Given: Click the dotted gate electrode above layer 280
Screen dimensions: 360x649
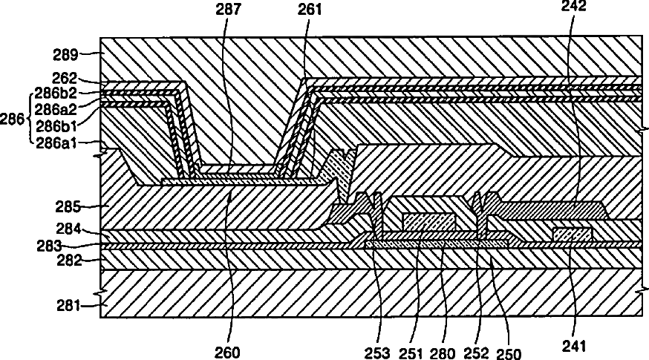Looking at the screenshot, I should [x=428, y=220].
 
